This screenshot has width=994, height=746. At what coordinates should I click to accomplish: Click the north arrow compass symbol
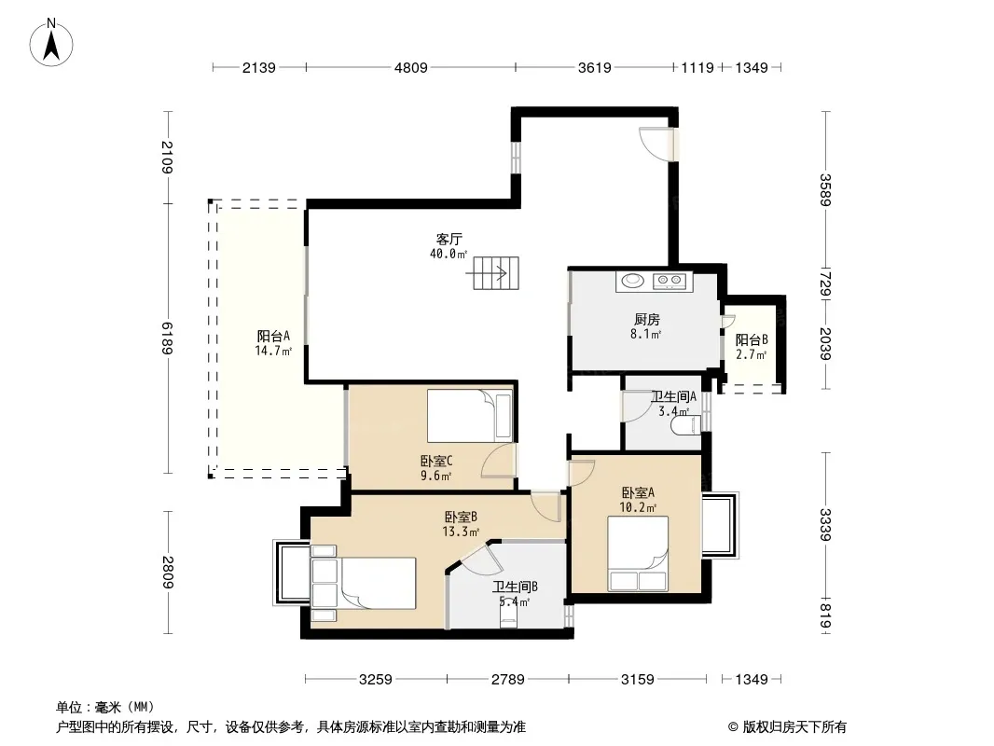pyautogui.click(x=51, y=43)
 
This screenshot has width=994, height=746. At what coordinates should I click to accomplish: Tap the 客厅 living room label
pyautogui.click(x=449, y=239)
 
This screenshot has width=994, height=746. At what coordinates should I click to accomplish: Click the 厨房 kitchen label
pyautogui.click(x=646, y=320)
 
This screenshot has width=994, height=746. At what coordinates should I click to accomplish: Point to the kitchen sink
pyautogui.click(x=632, y=280)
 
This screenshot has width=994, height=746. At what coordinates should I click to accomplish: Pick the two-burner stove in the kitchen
pyautogui.click(x=669, y=280)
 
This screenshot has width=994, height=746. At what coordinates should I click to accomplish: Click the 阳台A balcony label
pyautogui.click(x=273, y=336)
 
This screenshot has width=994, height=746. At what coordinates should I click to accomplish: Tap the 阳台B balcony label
pyautogui.click(x=752, y=339)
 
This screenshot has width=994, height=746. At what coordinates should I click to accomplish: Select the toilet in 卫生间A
pyautogui.click(x=686, y=424)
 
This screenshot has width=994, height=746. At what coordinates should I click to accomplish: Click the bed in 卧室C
pyautogui.click(x=470, y=416)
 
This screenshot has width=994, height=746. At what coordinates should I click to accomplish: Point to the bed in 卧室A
pyautogui.click(x=638, y=554)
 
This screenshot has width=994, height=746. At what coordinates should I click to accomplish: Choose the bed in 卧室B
pyautogui.click(x=364, y=583)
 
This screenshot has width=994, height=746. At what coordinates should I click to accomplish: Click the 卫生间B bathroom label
pyautogui.click(x=516, y=587)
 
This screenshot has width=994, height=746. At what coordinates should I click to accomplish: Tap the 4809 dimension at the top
pyautogui.click(x=411, y=68)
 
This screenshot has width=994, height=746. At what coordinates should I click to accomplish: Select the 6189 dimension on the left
pyautogui.click(x=167, y=338)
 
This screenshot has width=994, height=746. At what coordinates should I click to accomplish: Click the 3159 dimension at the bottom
pyautogui.click(x=637, y=680)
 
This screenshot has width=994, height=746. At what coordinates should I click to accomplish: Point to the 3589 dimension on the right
pyautogui.click(x=824, y=189)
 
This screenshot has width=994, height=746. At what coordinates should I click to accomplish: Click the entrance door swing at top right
pyautogui.click(x=656, y=144)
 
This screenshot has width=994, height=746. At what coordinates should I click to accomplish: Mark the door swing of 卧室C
pyautogui.click(x=498, y=460)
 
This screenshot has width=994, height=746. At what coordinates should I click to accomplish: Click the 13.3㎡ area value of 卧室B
pyautogui.click(x=461, y=532)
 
